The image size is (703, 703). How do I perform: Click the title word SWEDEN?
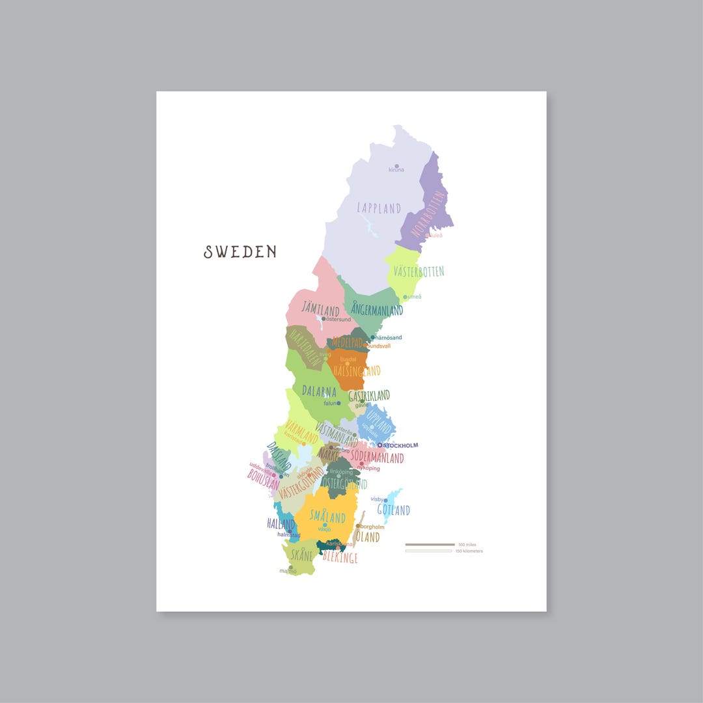(x=240, y=252)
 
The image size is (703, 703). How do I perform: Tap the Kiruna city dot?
(x=396, y=166)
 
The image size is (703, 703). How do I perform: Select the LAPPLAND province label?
(x=379, y=208)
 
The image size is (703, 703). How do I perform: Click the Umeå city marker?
(x=405, y=297)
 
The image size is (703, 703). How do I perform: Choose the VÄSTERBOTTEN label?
(x=419, y=271)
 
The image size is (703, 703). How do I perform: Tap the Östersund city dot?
(x=324, y=319)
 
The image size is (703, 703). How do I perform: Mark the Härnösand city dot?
(x=373, y=338)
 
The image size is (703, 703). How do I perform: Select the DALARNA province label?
(x=319, y=391)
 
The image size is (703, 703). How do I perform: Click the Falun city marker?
(x=338, y=404)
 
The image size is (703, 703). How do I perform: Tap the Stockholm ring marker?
(x=380, y=445)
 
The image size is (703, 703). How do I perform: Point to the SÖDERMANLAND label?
(x=376, y=458)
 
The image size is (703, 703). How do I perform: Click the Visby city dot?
(x=385, y=500)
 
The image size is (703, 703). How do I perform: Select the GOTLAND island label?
(x=394, y=510)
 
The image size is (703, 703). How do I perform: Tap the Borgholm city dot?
(x=358, y=526)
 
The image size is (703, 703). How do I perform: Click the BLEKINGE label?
(x=340, y=558)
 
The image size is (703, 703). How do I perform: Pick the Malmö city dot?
(x=291, y=567)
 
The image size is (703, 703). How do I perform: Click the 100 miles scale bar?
(x=430, y=544)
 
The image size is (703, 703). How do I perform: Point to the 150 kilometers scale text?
(x=469, y=551)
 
